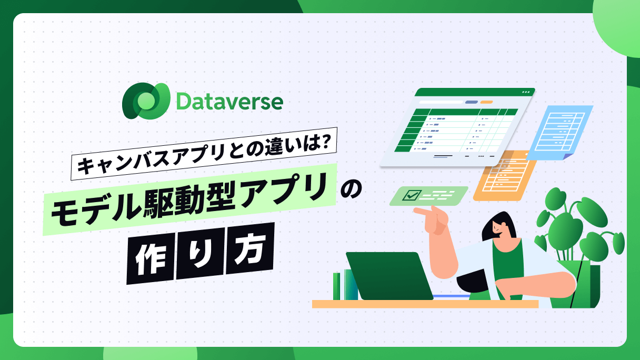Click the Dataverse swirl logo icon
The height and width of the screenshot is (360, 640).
[x=146, y=101]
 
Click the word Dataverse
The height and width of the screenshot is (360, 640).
[x=229, y=101]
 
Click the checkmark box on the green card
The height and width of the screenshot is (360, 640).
[x=412, y=195]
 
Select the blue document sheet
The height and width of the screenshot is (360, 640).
[x=559, y=132]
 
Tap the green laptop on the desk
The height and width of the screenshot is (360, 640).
[x=389, y=276]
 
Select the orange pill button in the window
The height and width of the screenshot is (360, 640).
[x=486, y=102]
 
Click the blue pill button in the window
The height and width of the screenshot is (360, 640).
[x=472, y=102]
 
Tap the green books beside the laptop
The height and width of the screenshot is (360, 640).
[x=345, y=285]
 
